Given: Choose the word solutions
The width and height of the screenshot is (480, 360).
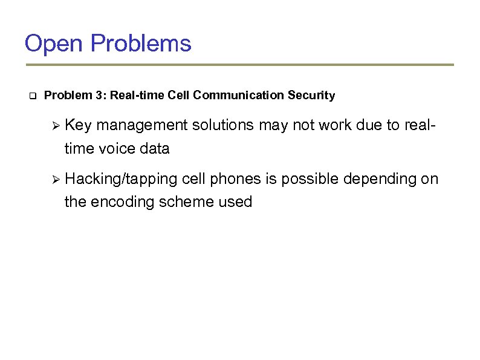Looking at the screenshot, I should (x=223, y=125).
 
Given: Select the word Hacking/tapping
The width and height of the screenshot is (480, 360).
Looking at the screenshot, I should (x=120, y=180).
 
